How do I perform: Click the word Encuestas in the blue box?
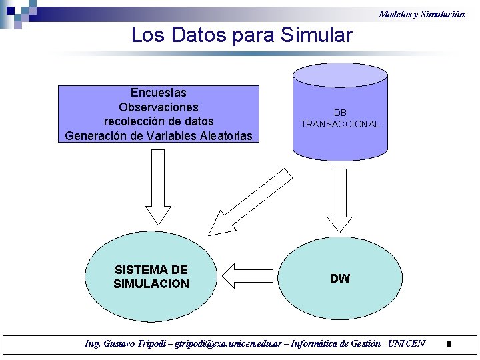(x=159, y=93)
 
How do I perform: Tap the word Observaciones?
(x=159, y=107)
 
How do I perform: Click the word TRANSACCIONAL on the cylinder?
(x=340, y=124)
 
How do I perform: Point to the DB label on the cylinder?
(x=340, y=113)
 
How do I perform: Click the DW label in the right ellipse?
(x=340, y=279)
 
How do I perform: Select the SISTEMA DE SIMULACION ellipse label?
(x=151, y=277)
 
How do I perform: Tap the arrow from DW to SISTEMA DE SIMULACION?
(x=248, y=273)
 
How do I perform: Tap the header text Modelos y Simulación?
(x=421, y=13)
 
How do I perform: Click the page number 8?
(x=449, y=345)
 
